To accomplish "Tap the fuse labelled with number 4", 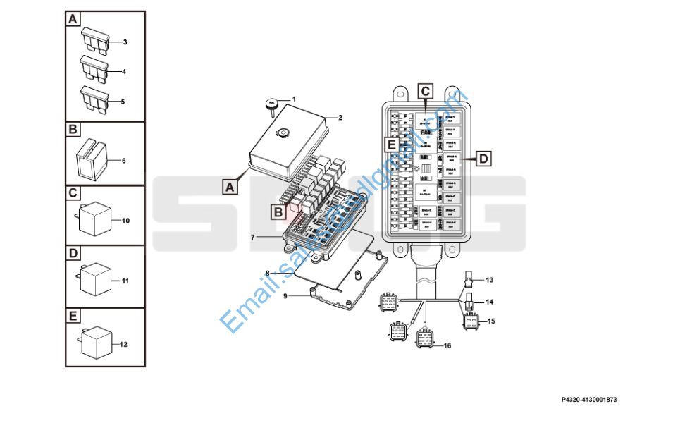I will (x=94, y=68).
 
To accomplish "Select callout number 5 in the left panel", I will (x=123, y=102).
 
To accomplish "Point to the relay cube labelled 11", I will (x=94, y=279).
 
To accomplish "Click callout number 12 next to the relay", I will (x=123, y=345).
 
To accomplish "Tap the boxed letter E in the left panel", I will (x=73, y=315).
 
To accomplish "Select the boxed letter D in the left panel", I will (x=73, y=252).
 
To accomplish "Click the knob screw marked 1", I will (x=271, y=104).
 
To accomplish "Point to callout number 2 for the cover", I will (x=339, y=118).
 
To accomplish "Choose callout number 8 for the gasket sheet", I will (x=267, y=273).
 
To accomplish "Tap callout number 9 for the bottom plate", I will (x=285, y=296).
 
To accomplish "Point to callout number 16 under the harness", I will (x=446, y=345).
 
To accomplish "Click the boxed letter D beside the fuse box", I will (x=483, y=159).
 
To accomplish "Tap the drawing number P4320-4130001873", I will (x=589, y=400).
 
